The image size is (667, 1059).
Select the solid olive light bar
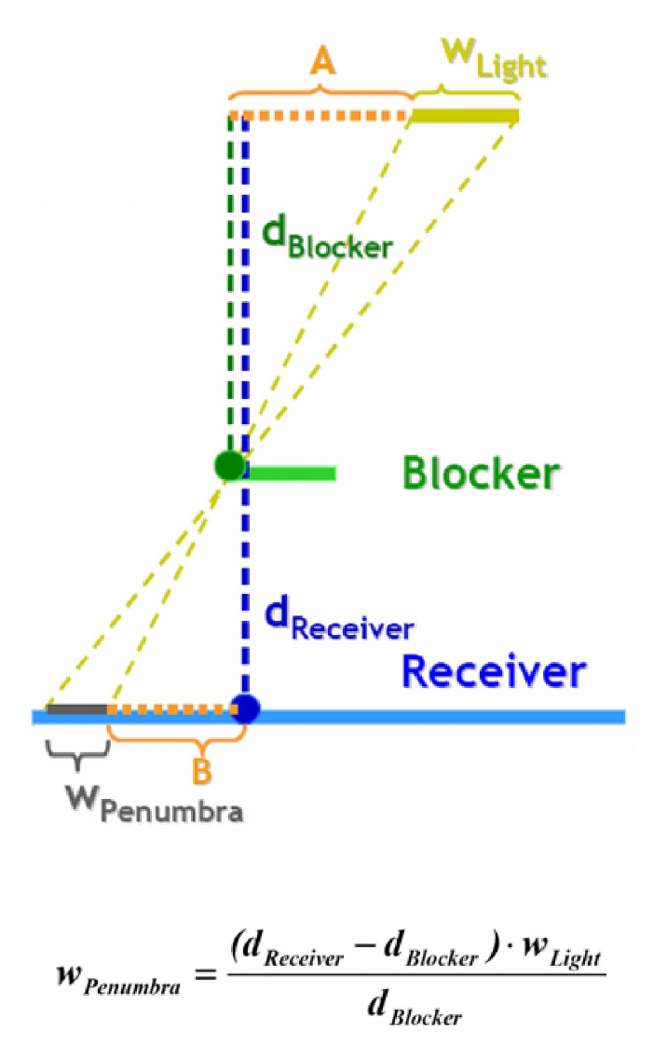click(x=466, y=116)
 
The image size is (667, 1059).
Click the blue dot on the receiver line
click(x=245, y=709)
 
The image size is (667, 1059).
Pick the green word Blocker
click(x=481, y=474)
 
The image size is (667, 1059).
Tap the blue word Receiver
click(x=494, y=670)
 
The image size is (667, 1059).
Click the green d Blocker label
click(x=326, y=237)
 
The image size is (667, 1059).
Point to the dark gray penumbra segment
click(x=77, y=709)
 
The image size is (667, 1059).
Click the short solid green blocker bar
click(x=290, y=474)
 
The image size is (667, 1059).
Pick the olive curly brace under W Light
click(x=466, y=90)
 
